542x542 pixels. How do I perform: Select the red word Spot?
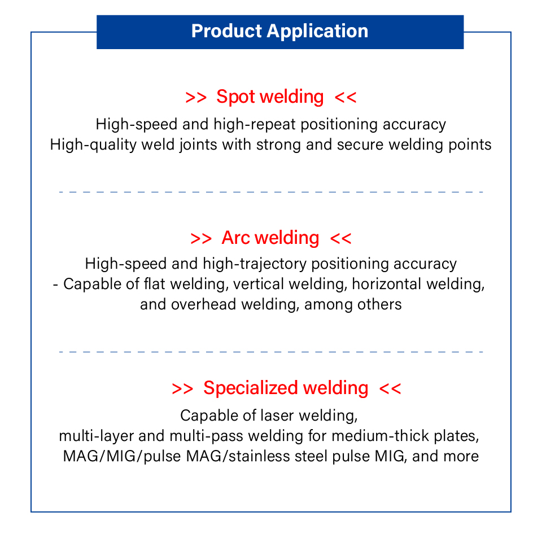click(x=233, y=97)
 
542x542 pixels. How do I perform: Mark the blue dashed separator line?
click(x=271, y=192)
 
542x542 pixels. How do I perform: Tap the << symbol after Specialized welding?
click(x=390, y=388)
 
